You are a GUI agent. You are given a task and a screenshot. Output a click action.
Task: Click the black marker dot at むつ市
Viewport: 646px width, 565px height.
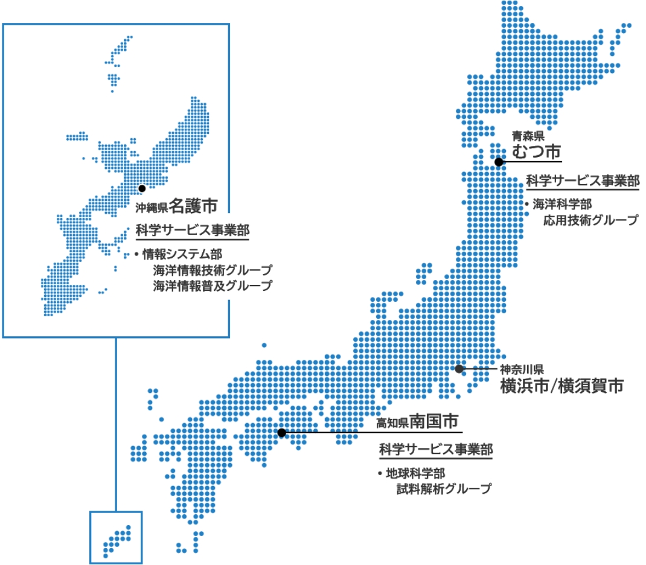499,162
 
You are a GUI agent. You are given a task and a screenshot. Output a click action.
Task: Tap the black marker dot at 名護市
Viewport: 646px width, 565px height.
142,188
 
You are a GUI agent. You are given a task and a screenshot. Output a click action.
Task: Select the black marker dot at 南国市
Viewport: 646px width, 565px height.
281,432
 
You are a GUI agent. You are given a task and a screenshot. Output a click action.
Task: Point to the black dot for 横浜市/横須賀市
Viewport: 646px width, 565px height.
459,368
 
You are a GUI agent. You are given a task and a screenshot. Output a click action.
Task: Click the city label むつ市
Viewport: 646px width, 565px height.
537,152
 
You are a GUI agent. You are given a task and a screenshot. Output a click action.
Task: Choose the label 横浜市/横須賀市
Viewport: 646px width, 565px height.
561,386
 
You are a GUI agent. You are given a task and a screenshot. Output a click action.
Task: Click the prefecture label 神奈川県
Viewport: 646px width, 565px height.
522,368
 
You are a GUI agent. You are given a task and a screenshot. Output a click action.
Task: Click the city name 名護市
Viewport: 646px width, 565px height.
193,206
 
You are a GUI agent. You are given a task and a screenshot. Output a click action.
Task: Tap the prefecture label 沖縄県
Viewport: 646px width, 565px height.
151,209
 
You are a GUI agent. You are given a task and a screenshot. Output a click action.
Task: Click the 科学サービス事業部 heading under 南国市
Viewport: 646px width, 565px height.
436,450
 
